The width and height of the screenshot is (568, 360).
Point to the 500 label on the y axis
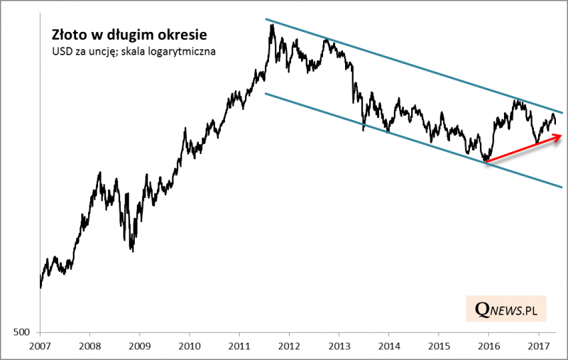tap(23, 332)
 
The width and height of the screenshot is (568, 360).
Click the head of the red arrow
tap(561, 136)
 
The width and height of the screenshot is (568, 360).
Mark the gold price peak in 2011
tap(271, 26)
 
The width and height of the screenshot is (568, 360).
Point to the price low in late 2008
tap(132, 250)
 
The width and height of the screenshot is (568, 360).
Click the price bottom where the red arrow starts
tap(486, 162)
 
